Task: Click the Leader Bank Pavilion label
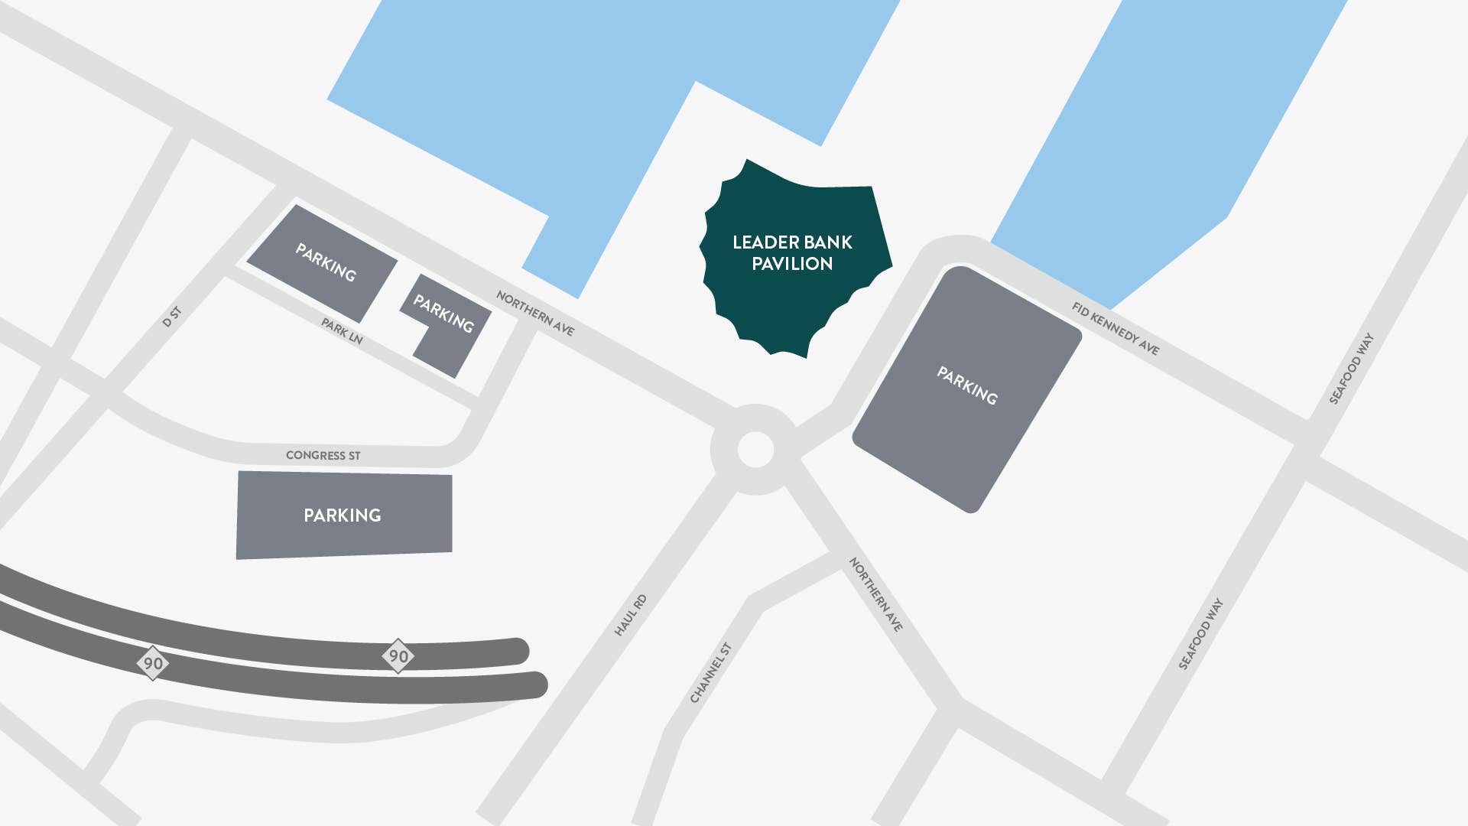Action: coord(792,252)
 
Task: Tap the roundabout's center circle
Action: coord(755,450)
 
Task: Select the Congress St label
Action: coord(323,455)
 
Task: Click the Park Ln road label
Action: coord(341,331)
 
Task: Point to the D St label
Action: coord(172,317)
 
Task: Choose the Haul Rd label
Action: coord(631,615)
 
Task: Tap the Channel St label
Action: coord(711,672)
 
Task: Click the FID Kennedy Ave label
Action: coord(1115,328)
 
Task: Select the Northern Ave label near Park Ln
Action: coord(534,313)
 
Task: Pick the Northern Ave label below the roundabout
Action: coord(875,594)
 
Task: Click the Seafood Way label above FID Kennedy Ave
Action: coord(1351,369)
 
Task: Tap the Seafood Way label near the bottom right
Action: coord(1200,634)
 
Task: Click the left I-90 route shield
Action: coord(153,663)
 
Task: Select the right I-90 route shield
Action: coord(398,656)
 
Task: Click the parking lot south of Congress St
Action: coord(343,515)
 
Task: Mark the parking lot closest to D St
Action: coord(324,262)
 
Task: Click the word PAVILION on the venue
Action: coord(792,264)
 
